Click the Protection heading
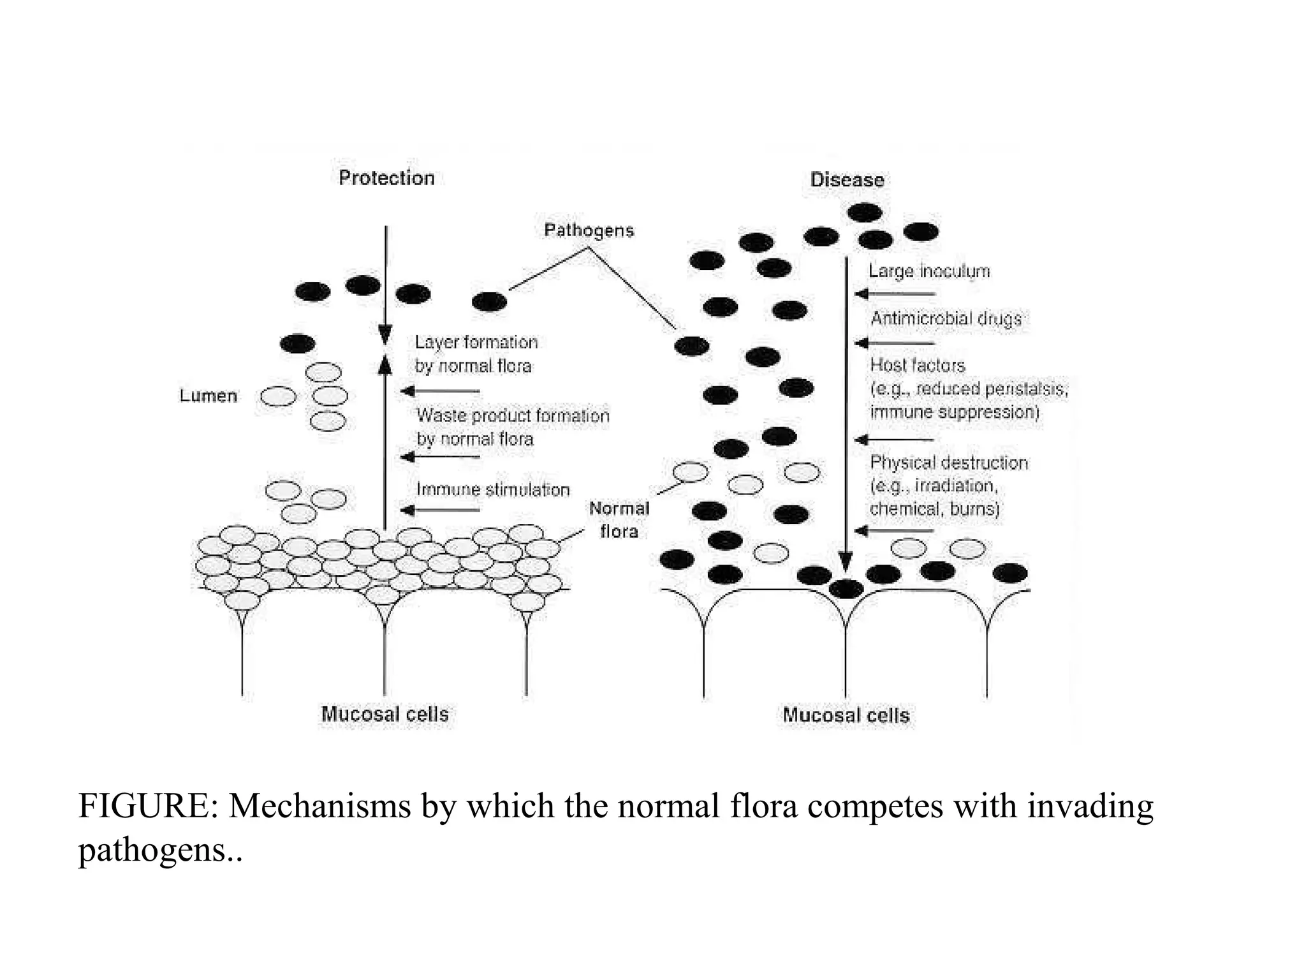386,178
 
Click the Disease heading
847,180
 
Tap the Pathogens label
589,230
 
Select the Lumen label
208,396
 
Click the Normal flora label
619,519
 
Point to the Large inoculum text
928,271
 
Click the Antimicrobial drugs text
946,318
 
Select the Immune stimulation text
492,490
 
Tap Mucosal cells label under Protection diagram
385,714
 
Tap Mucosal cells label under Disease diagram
846,715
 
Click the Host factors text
917,366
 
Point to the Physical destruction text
948,463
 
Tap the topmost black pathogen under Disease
864,212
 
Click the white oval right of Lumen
279,397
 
